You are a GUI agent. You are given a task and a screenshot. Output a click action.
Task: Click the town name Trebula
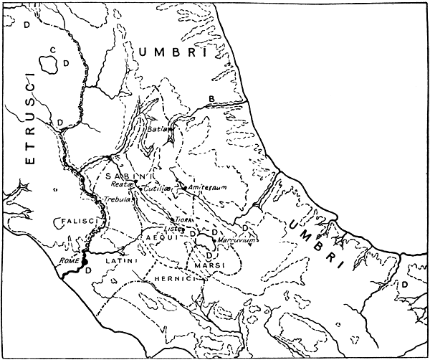point(116,199)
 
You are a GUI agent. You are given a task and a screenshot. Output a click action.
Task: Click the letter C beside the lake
point(52,49)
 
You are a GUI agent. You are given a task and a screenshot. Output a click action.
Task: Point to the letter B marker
point(211,98)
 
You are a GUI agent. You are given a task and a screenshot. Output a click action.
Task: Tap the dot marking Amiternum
point(186,188)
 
